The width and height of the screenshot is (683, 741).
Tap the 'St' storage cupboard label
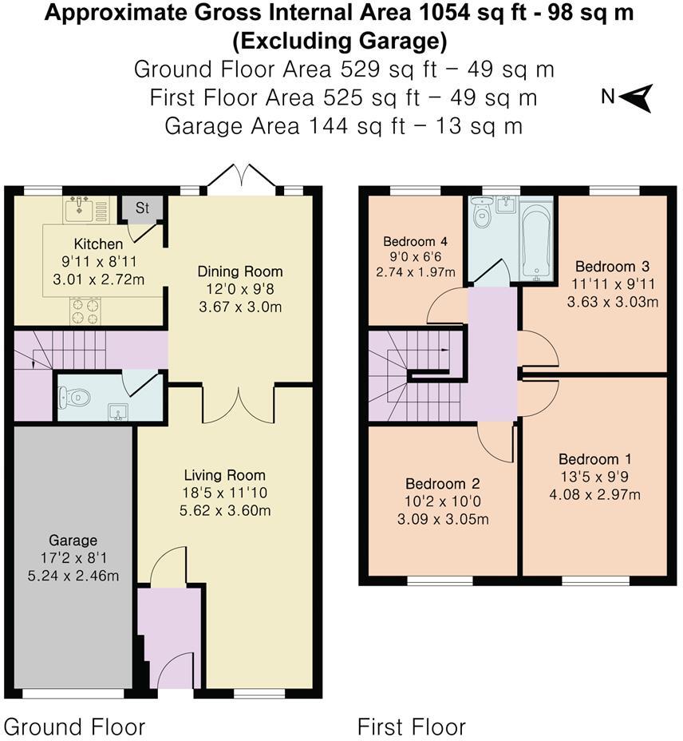(x=142, y=208)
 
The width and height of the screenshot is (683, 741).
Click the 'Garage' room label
(x=73, y=541)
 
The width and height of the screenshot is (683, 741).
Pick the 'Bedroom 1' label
(x=594, y=459)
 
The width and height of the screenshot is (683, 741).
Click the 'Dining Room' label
(x=240, y=271)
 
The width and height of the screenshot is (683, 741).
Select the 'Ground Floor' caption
(x=74, y=727)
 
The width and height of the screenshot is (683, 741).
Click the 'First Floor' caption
(x=411, y=727)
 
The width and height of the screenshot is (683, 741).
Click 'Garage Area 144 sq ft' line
(x=343, y=125)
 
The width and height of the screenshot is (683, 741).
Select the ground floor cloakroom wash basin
(x=118, y=412)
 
